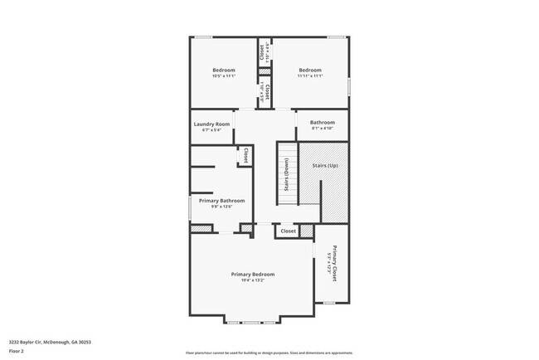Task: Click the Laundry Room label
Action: point(211,124)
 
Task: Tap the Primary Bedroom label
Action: point(253,274)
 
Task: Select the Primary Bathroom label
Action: point(221,201)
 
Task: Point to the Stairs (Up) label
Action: point(325,166)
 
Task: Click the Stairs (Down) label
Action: point(287,174)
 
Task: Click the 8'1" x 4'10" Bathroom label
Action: point(323,123)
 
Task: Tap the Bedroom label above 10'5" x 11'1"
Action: point(224,70)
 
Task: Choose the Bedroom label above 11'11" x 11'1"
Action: point(310,70)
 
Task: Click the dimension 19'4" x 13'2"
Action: point(253,280)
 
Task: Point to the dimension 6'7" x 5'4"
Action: point(211,130)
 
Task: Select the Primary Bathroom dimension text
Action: point(221,207)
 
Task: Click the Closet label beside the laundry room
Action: point(245,155)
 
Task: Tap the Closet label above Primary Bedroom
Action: point(288,231)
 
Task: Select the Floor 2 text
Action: point(17,351)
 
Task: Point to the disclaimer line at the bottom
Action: point(269,352)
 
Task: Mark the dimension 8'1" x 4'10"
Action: point(323,129)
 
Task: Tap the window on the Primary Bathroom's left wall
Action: point(190,208)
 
